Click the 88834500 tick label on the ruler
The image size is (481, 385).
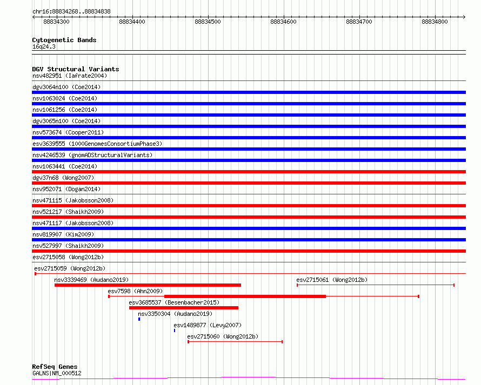(x=208, y=22)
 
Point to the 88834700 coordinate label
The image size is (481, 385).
(x=359, y=22)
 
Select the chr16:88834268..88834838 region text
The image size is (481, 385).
(x=71, y=12)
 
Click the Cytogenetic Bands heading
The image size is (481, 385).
(x=64, y=40)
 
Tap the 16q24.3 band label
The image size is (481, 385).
(x=44, y=46)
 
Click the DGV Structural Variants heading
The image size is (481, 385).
(x=76, y=69)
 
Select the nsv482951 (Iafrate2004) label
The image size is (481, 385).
(x=70, y=76)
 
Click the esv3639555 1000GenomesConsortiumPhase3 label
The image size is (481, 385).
(x=97, y=144)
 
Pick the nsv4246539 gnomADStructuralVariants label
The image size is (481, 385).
(x=92, y=155)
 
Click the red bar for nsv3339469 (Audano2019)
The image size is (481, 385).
(x=148, y=285)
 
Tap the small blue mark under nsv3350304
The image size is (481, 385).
(x=139, y=319)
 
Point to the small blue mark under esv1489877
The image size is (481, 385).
(x=175, y=330)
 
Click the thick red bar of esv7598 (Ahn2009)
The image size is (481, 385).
(x=245, y=296)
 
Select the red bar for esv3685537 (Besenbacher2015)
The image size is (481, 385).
(x=183, y=308)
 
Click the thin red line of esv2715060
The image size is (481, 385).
(x=235, y=341)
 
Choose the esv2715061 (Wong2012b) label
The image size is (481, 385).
(x=332, y=280)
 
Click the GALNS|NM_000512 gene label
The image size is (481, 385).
(x=57, y=373)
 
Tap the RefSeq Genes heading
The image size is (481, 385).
(x=55, y=367)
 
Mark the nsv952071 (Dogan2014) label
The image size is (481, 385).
(x=66, y=189)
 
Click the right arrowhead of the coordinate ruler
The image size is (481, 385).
(x=464, y=17)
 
